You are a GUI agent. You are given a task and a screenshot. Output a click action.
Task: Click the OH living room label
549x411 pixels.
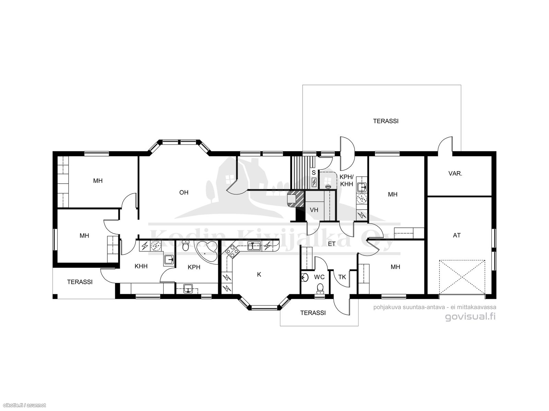click(x=184, y=192)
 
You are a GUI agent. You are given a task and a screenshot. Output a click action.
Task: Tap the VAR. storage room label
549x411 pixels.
click(x=455, y=174)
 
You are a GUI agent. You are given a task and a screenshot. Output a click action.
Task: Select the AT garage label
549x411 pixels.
click(x=457, y=235)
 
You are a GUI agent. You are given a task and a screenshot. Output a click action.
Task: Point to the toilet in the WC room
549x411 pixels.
click(x=320, y=289)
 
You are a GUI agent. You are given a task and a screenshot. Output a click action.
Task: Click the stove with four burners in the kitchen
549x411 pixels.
click(x=232, y=251)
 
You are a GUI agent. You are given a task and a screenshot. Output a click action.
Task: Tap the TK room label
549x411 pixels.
click(x=342, y=277)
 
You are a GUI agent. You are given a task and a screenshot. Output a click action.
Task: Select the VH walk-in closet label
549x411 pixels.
click(x=314, y=210)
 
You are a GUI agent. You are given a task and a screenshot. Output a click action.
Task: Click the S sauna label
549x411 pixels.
click(x=314, y=173)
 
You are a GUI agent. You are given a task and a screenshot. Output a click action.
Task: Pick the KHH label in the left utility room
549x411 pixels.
click(x=141, y=266)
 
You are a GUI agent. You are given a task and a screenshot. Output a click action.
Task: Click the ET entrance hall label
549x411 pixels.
click(x=332, y=244)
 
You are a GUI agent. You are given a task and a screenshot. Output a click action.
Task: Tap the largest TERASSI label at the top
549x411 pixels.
click(x=386, y=121)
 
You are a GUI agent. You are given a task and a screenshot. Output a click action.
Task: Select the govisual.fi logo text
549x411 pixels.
click(x=470, y=317)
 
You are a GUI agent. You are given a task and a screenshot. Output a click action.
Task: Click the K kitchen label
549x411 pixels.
click(x=259, y=274)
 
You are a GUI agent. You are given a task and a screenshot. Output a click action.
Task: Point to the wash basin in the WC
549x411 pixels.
click(x=305, y=277)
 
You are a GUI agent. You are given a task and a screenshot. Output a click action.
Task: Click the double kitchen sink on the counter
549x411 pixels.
click(x=254, y=246)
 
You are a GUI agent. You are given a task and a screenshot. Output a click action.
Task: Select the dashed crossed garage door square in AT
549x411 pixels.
click(x=462, y=277)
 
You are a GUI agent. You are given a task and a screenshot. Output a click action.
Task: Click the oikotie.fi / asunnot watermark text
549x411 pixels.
click(x=23, y=406)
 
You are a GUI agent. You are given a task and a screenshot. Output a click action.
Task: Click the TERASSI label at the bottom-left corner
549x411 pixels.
click(x=80, y=282)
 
